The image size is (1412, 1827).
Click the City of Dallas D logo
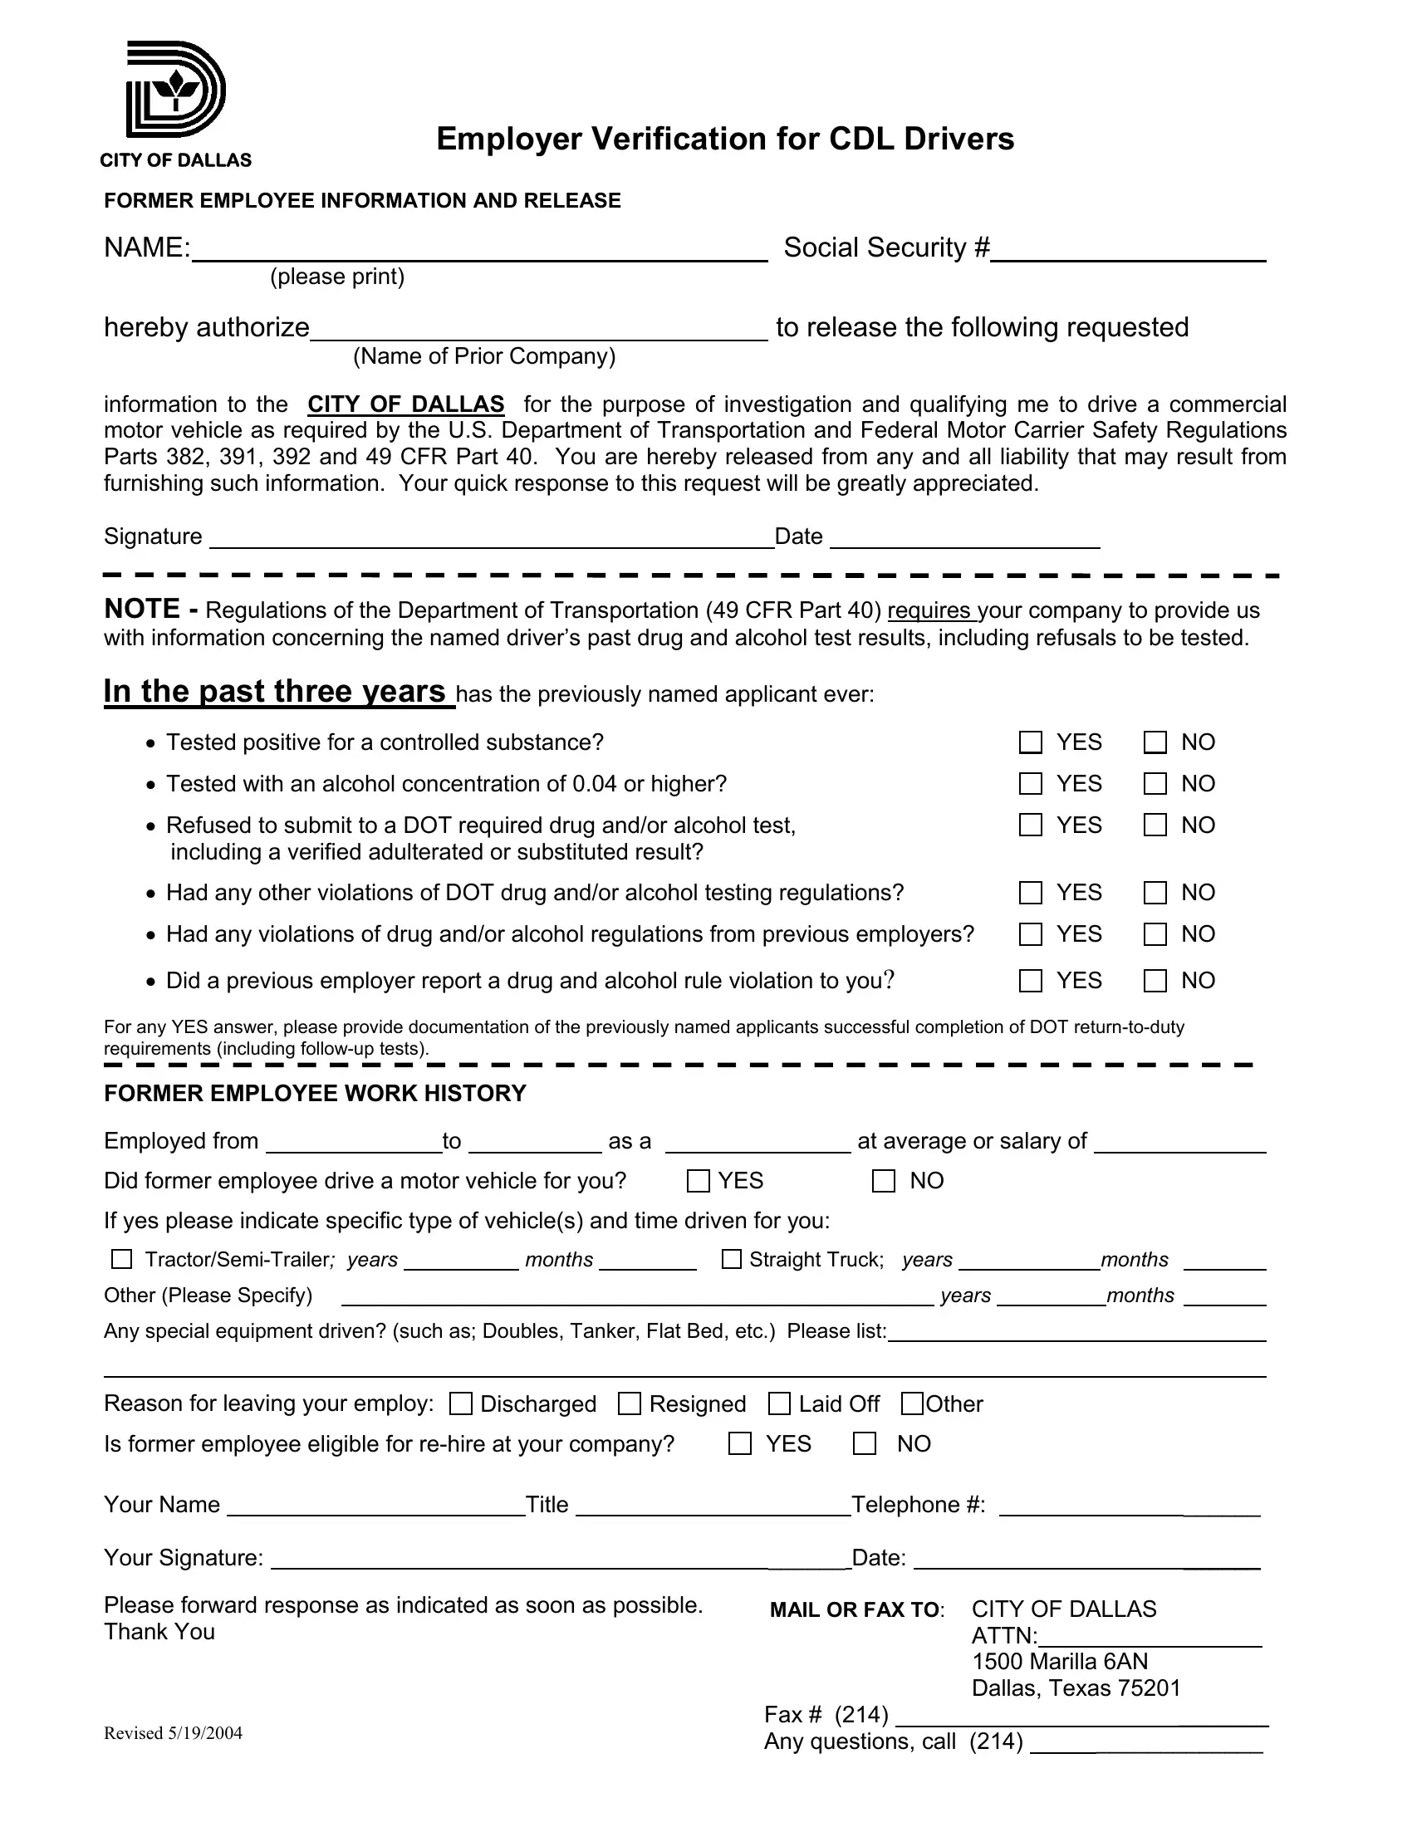[175, 90]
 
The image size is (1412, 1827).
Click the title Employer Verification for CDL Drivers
[724, 139]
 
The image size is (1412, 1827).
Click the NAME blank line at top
[478, 251]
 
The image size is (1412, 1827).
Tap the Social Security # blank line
[1128, 251]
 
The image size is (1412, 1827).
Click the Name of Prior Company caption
[483, 356]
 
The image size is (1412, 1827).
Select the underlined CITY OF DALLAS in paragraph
[405, 405]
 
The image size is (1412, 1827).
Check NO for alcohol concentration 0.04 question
[1155, 784]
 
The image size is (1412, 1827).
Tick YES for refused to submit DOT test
[1031, 825]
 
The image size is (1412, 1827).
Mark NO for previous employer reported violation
[1155, 981]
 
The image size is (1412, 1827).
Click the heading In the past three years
[275, 692]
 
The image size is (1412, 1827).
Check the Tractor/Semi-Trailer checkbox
[122, 1259]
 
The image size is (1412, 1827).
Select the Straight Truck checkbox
[731, 1259]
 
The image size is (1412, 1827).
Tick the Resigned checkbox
[629, 1403]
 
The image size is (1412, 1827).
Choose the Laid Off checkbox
[779, 1403]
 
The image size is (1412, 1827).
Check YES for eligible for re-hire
[739, 1444]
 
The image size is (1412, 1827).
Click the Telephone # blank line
[1130, 1507]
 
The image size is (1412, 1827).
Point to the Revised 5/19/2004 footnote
[173, 1733]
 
